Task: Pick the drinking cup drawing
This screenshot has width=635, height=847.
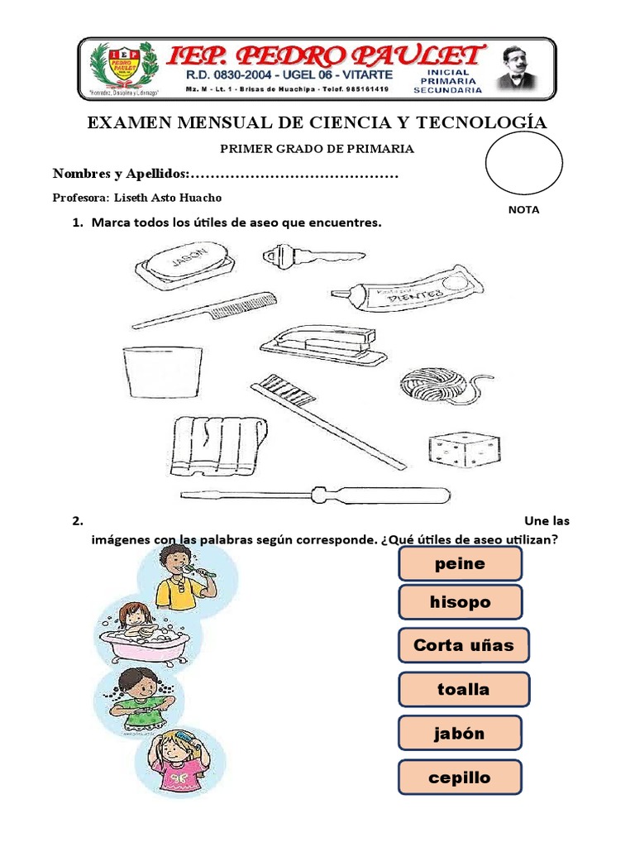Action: tap(162, 372)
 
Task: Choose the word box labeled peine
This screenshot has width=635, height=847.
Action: tap(460, 563)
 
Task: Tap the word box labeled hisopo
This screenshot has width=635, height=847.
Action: tap(460, 601)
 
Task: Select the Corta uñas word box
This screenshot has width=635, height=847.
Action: tap(463, 645)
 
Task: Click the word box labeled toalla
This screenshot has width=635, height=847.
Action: tap(463, 689)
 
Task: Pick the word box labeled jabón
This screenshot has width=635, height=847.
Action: tap(460, 733)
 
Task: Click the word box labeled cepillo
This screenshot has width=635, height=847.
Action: tap(460, 778)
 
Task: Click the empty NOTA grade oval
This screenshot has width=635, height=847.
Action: tap(523, 162)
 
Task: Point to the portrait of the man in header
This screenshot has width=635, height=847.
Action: tap(518, 68)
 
